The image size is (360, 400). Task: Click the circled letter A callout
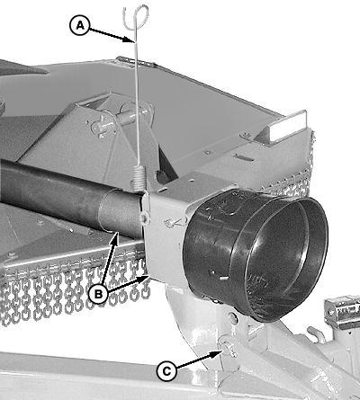point(80,25)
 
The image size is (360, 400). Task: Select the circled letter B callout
point(98,294)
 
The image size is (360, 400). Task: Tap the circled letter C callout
point(166,371)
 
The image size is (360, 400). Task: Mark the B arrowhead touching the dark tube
point(116,236)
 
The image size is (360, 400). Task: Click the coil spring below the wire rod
point(139,178)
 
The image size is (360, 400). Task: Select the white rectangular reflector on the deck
point(287,127)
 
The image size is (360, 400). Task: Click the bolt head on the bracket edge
point(145,218)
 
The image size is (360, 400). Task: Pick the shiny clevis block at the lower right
point(342,311)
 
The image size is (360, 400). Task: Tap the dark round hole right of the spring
point(162,177)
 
